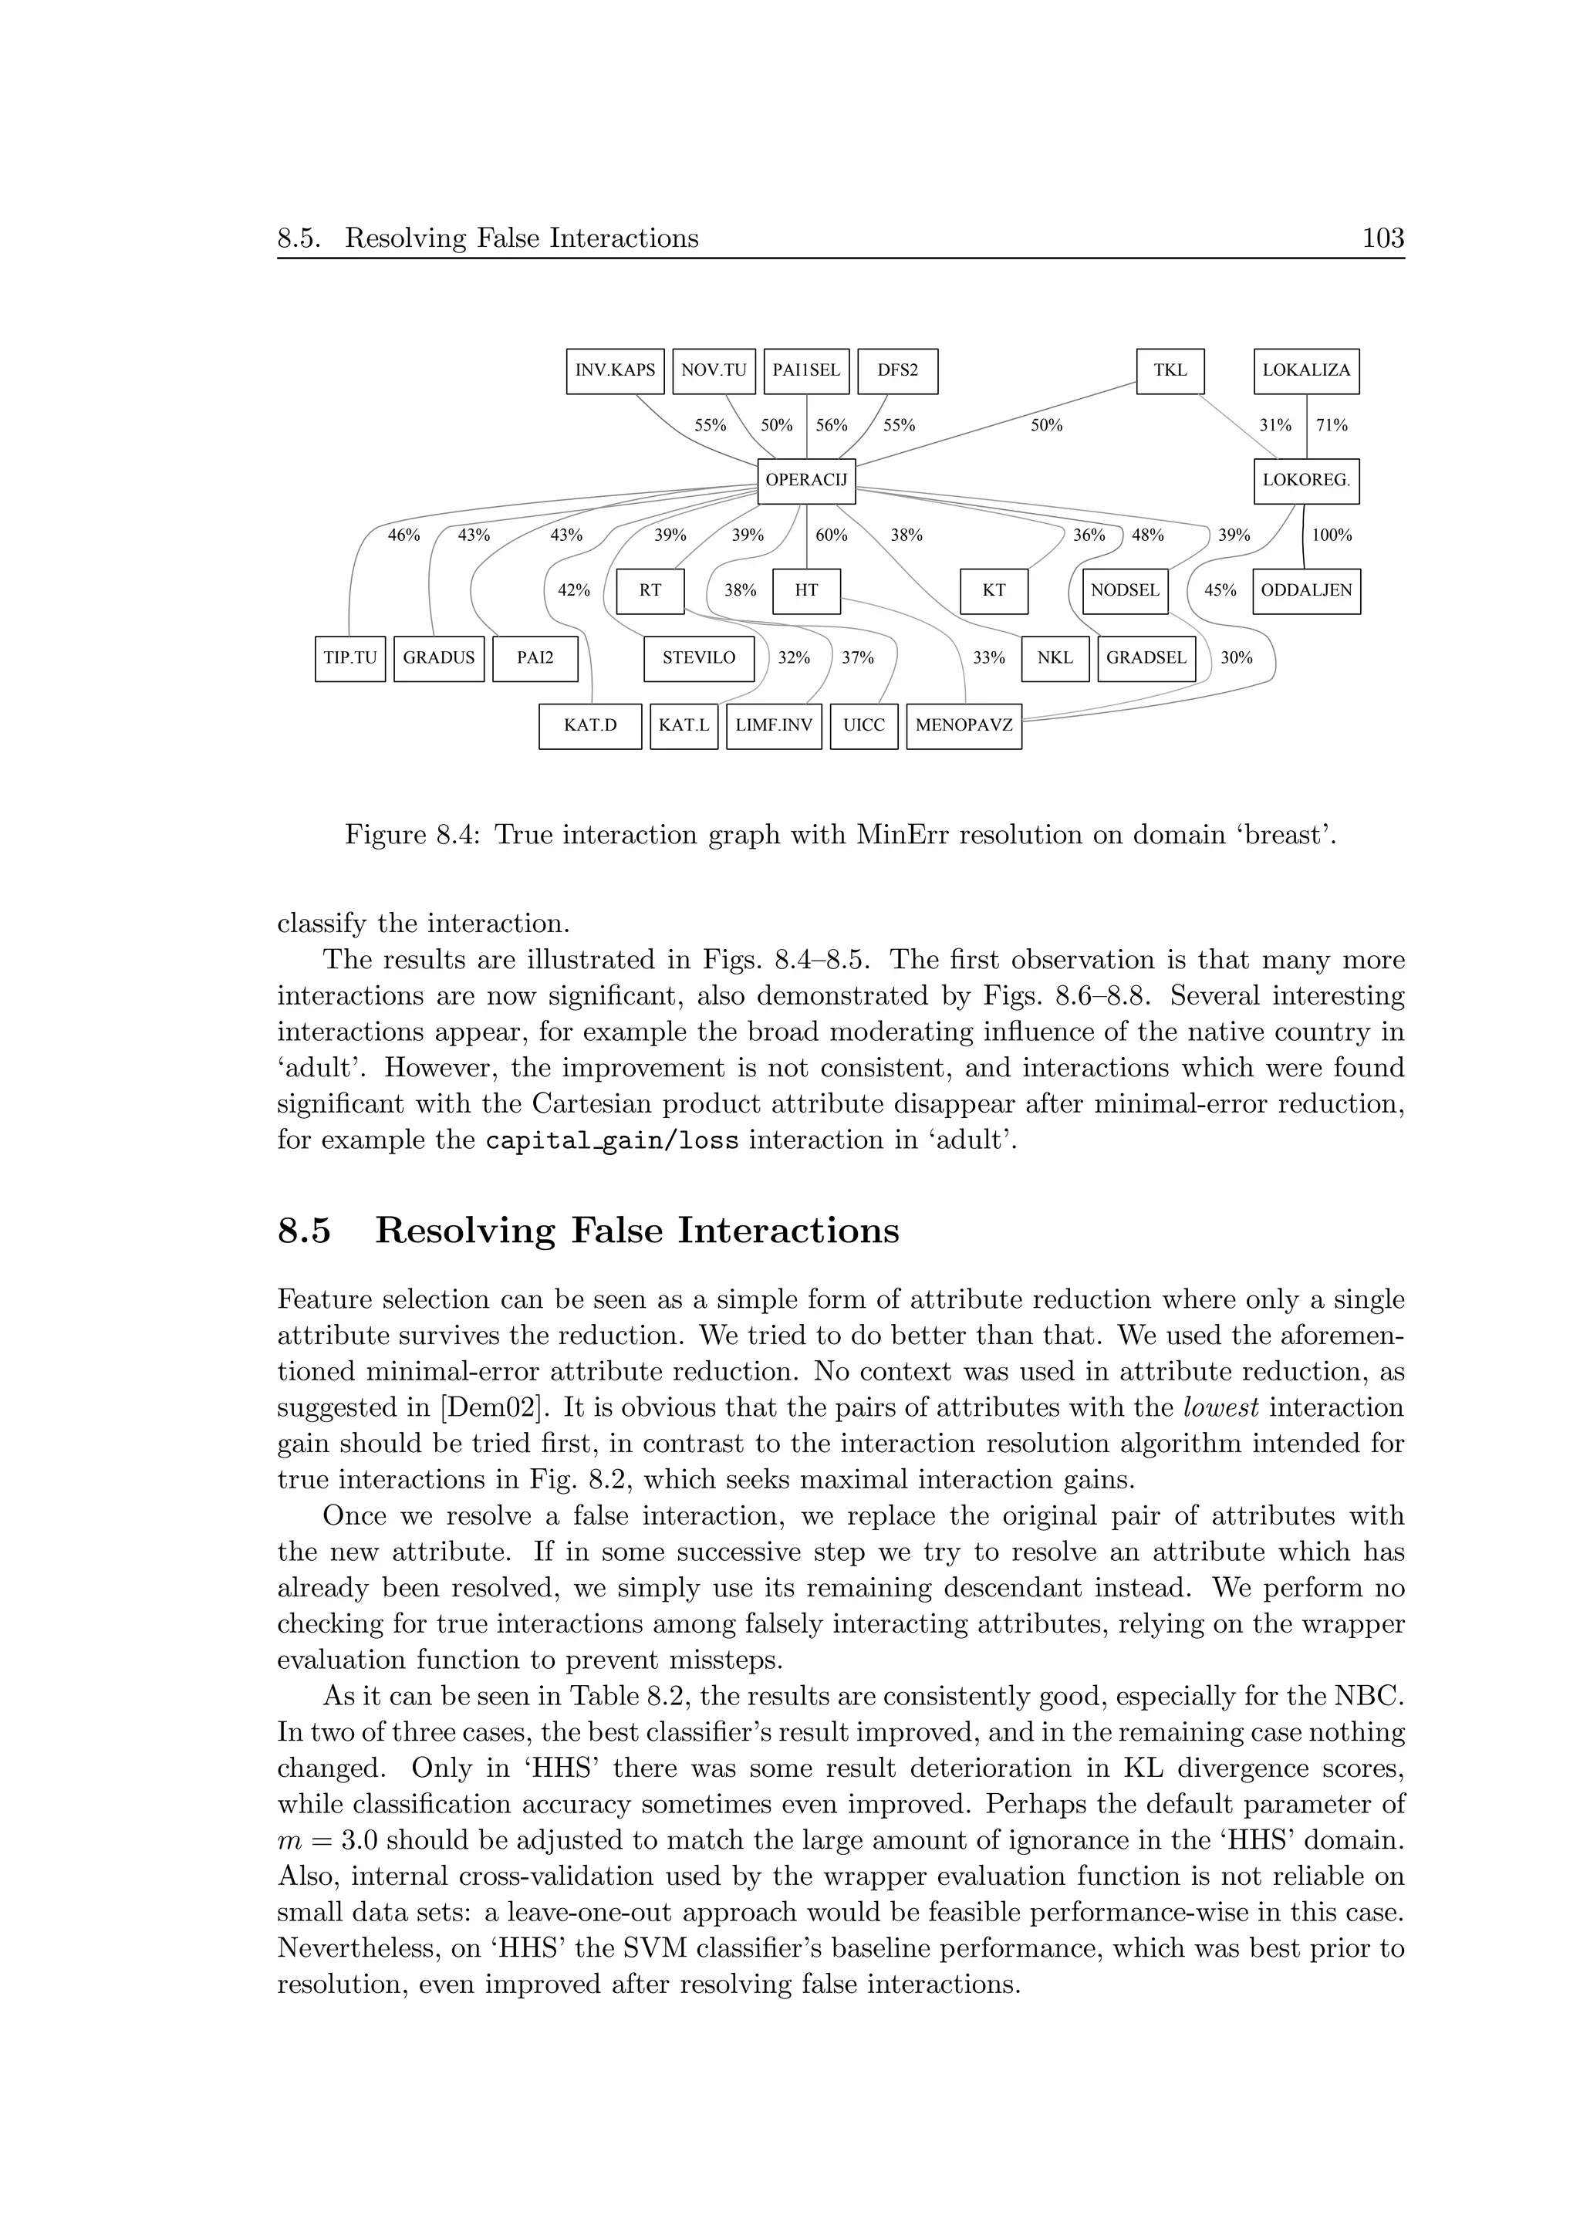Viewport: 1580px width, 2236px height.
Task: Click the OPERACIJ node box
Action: (x=806, y=480)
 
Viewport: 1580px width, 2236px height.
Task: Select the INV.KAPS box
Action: (x=614, y=371)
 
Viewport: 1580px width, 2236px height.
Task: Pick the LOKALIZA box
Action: (x=1305, y=371)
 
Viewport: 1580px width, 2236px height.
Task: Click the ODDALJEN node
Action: (x=1305, y=590)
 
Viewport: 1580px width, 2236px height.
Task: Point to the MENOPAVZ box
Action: (x=963, y=725)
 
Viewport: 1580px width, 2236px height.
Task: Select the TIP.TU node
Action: (x=349, y=658)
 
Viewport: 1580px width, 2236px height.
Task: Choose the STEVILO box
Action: (x=698, y=658)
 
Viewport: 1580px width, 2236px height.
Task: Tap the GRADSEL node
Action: (x=1145, y=658)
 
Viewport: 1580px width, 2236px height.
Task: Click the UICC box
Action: (x=863, y=725)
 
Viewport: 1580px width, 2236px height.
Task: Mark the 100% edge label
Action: (x=1331, y=535)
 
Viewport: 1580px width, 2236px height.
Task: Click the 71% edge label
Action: (x=1331, y=426)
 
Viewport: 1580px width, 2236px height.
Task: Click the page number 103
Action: (x=1382, y=238)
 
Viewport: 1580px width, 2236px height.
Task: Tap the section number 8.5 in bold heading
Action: (x=304, y=1231)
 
